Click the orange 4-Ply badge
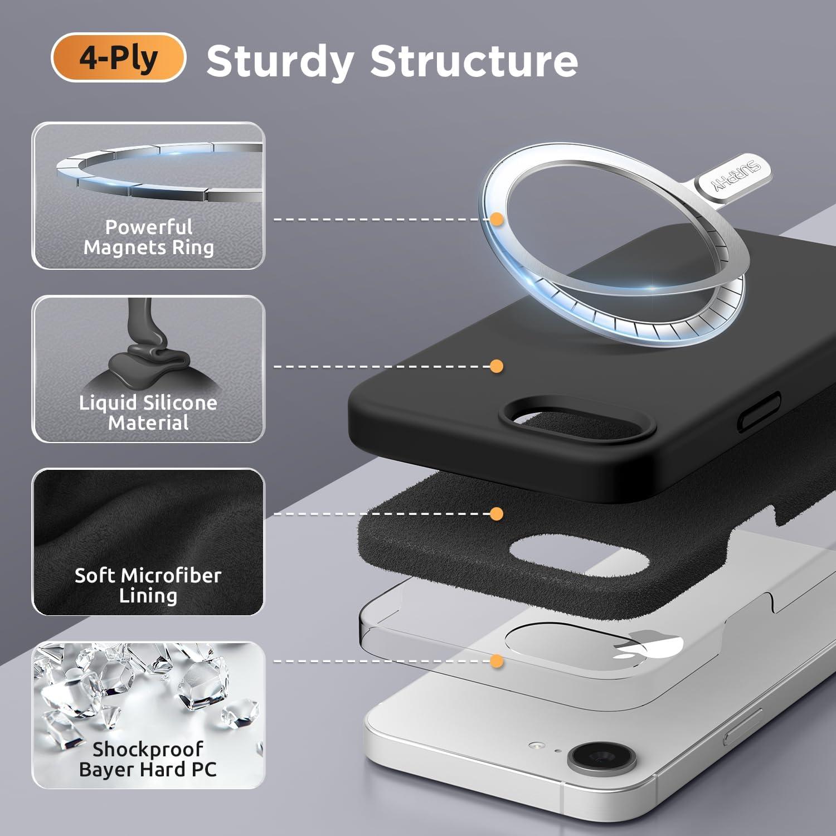pyautogui.click(x=118, y=57)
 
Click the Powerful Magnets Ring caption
pyautogui.click(x=149, y=237)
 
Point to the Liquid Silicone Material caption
pyautogui.click(x=148, y=412)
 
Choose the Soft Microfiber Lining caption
pyautogui.click(x=148, y=585)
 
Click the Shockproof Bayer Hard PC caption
pyautogui.click(x=148, y=759)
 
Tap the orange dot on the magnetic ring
pyautogui.click(x=497, y=219)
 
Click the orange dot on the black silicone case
pyautogui.click(x=497, y=366)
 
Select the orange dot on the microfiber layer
pyautogui.click(x=497, y=513)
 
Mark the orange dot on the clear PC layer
pyautogui.click(x=497, y=661)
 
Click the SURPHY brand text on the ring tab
pyautogui.click(x=736, y=178)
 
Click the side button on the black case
pyautogui.click(x=759, y=411)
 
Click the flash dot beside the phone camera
pyautogui.click(x=536, y=745)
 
